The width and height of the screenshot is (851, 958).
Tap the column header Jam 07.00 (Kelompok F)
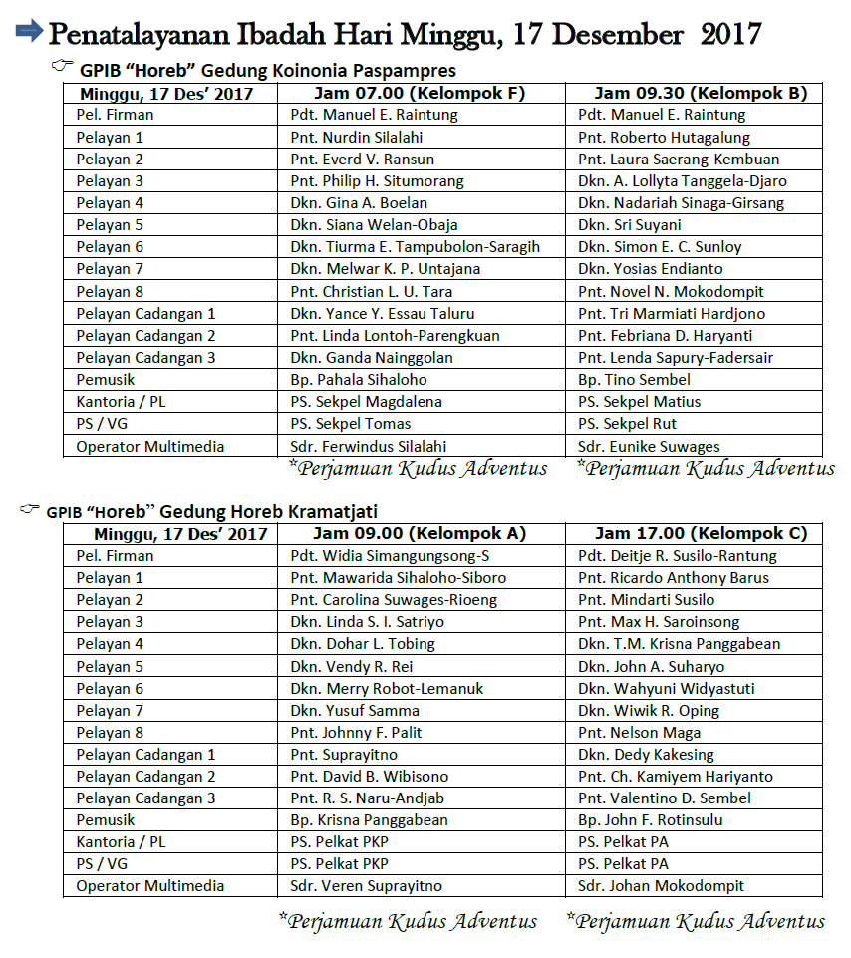[x=419, y=93]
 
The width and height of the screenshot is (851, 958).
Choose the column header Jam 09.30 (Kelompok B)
[x=701, y=93]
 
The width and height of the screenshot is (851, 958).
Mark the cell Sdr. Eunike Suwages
[x=649, y=447]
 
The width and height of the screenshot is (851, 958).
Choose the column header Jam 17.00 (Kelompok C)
[x=701, y=533]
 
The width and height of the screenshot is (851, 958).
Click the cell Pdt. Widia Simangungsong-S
[x=390, y=556]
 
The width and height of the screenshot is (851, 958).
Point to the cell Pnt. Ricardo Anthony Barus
[x=674, y=578]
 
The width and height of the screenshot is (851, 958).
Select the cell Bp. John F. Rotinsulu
[x=650, y=820]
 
